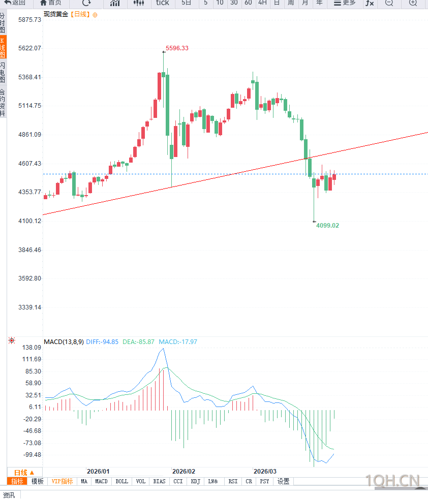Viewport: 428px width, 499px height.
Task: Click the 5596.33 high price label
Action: point(177,48)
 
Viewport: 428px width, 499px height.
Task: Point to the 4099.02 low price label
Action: point(327,225)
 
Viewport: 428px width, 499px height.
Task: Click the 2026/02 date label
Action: point(184,472)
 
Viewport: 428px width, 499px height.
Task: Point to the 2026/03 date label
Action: point(265,472)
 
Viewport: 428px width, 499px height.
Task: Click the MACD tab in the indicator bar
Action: point(101,481)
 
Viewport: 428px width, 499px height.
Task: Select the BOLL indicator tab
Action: point(121,481)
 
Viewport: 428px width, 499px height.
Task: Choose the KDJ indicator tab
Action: point(195,481)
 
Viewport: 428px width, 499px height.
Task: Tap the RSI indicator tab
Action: point(233,481)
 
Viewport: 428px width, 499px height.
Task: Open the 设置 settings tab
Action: point(283,481)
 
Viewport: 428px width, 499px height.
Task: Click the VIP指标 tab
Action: point(62,481)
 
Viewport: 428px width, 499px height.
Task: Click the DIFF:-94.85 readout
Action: point(102,342)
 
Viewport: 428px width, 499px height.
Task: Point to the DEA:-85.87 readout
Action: point(138,342)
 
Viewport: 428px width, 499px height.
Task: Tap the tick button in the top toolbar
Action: point(162,3)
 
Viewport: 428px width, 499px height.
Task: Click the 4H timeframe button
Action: point(262,3)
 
